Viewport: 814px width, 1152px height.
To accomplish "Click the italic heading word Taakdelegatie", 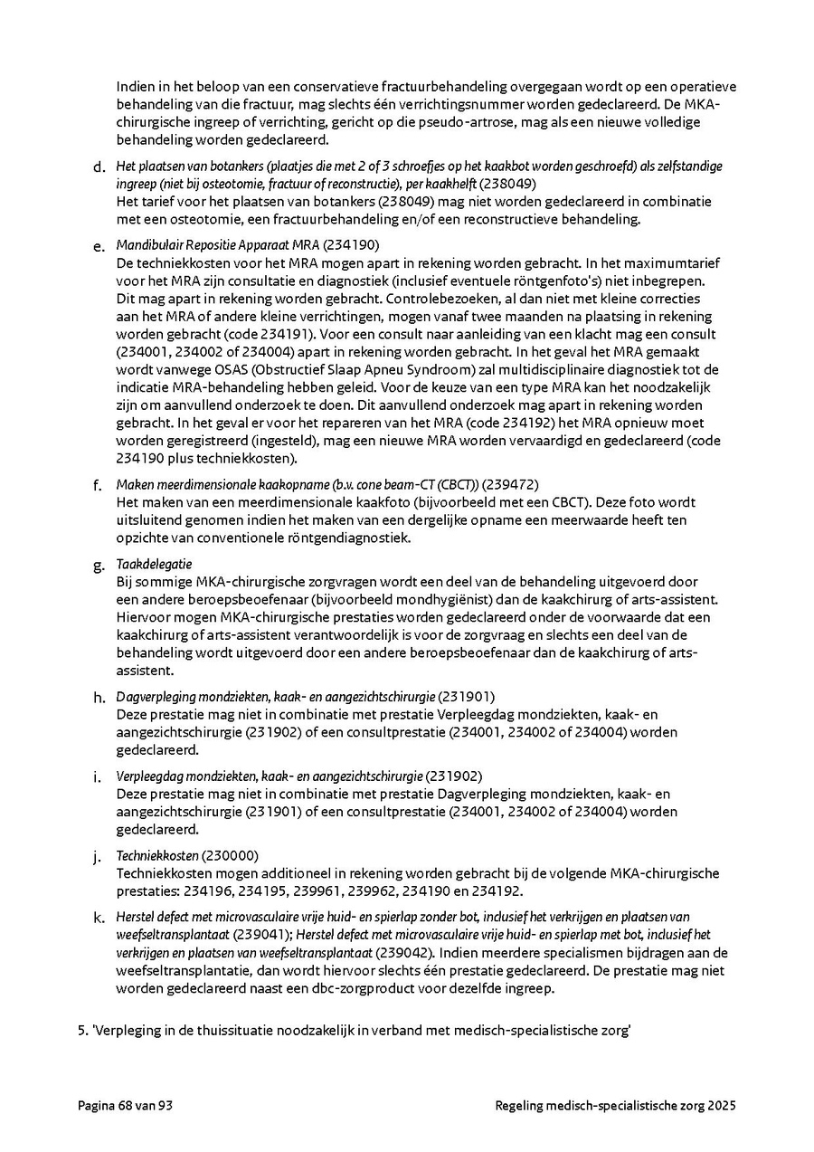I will [x=154, y=564].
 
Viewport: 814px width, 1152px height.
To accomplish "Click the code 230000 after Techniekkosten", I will [x=231, y=855].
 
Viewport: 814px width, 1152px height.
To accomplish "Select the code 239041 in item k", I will [x=263, y=935].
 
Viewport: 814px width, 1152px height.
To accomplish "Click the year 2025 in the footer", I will [x=722, y=1105].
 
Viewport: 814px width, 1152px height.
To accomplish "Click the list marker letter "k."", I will [x=99, y=918].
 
